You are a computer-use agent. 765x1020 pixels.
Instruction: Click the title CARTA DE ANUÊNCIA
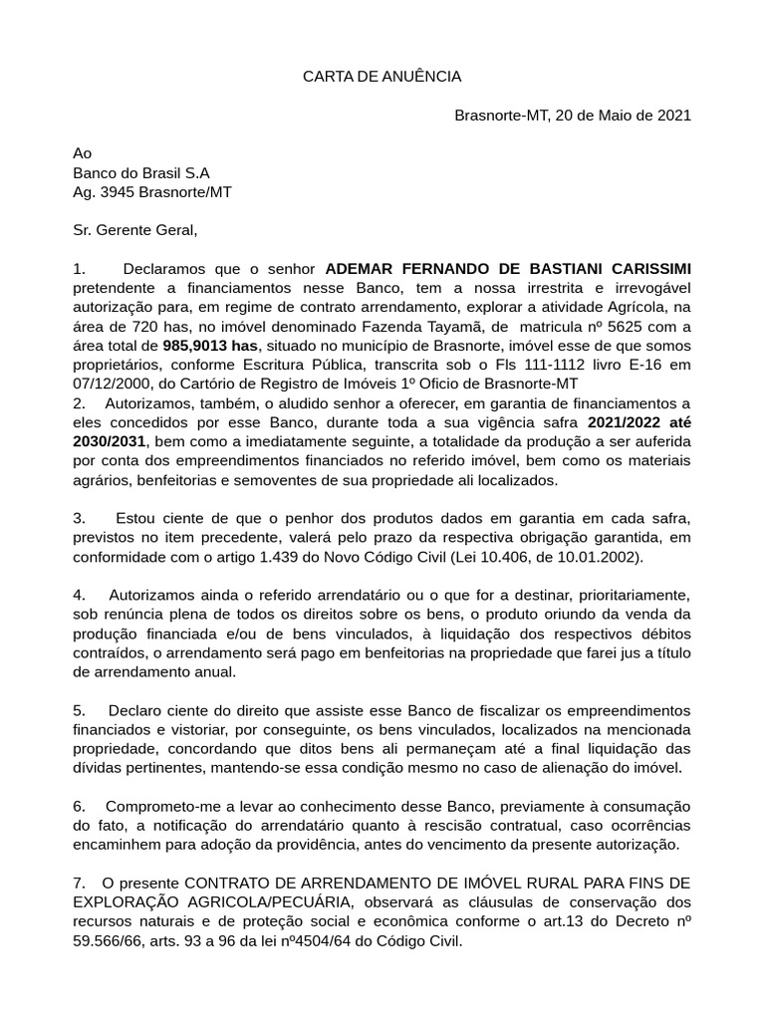click(x=382, y=77)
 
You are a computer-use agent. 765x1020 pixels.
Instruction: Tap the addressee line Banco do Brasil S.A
click(x=141, y=172)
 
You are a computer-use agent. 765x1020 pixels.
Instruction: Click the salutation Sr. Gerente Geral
click(x=135, y=230)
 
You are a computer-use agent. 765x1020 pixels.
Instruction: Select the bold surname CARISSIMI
click(x=644, y=269)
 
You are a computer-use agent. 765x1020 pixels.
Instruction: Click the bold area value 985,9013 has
click(x=209, y=345)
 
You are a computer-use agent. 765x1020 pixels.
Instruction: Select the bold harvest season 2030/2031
click(x=110, y=441)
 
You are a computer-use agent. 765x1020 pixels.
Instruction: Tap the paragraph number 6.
click(x=79, y=807)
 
